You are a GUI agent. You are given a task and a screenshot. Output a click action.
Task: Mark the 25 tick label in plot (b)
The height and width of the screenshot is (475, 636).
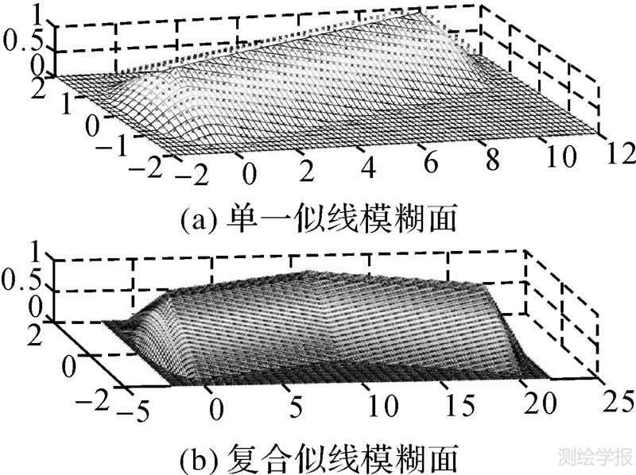(615, 398)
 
